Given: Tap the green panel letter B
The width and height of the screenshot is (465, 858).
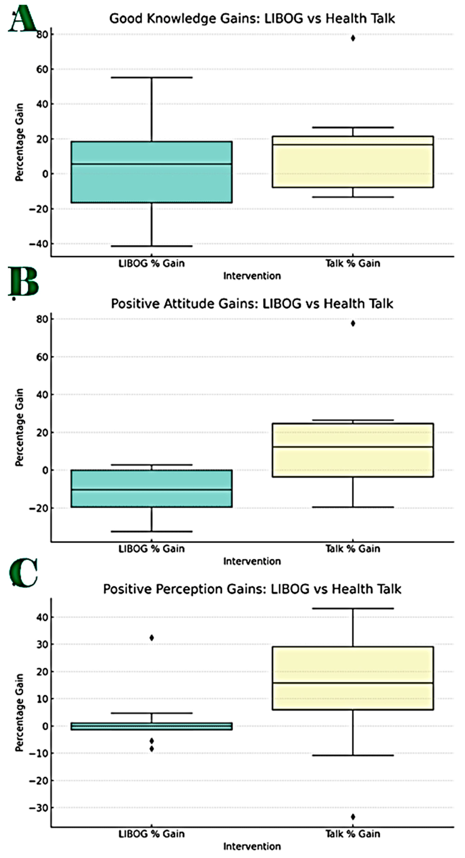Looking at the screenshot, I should click(x=23, y=282).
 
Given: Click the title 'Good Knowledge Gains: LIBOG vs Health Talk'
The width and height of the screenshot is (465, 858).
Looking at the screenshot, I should click(x=252, y=18).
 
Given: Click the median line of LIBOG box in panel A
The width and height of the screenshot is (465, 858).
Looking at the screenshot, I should click(x=152, y=164).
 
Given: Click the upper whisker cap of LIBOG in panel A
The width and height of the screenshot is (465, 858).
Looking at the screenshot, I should click(x=152, y=78).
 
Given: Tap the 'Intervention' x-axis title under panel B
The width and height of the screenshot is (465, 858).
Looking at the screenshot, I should click(x=252, y=561).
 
